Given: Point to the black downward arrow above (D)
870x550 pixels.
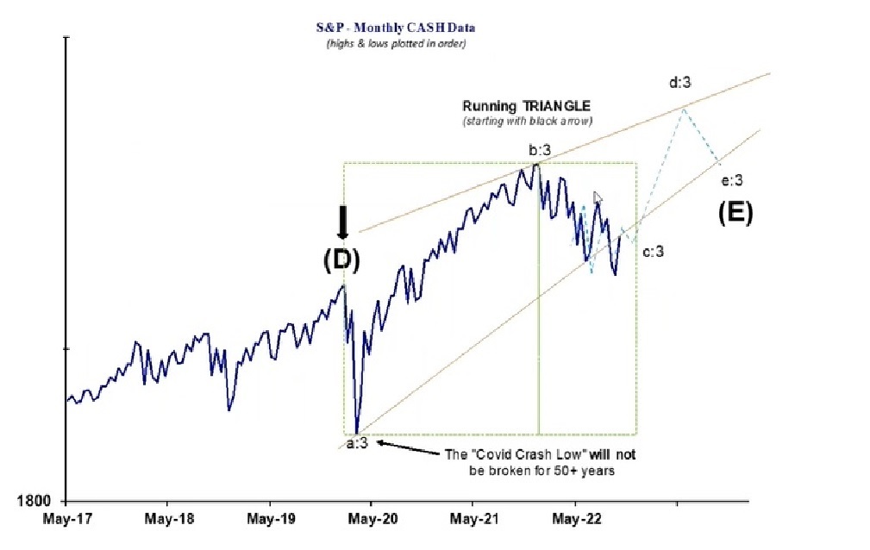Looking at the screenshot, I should click(342, 222).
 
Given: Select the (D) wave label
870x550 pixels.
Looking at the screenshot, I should click(341, 259).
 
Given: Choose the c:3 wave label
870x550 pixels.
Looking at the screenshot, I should click(653, 251).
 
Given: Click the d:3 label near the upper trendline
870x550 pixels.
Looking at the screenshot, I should click(681, 83).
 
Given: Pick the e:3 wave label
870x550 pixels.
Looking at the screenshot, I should click(731, 180).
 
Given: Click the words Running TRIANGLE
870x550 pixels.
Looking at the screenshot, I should click(526, 106).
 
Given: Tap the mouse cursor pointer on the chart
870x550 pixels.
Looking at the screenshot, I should click(598, 197).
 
